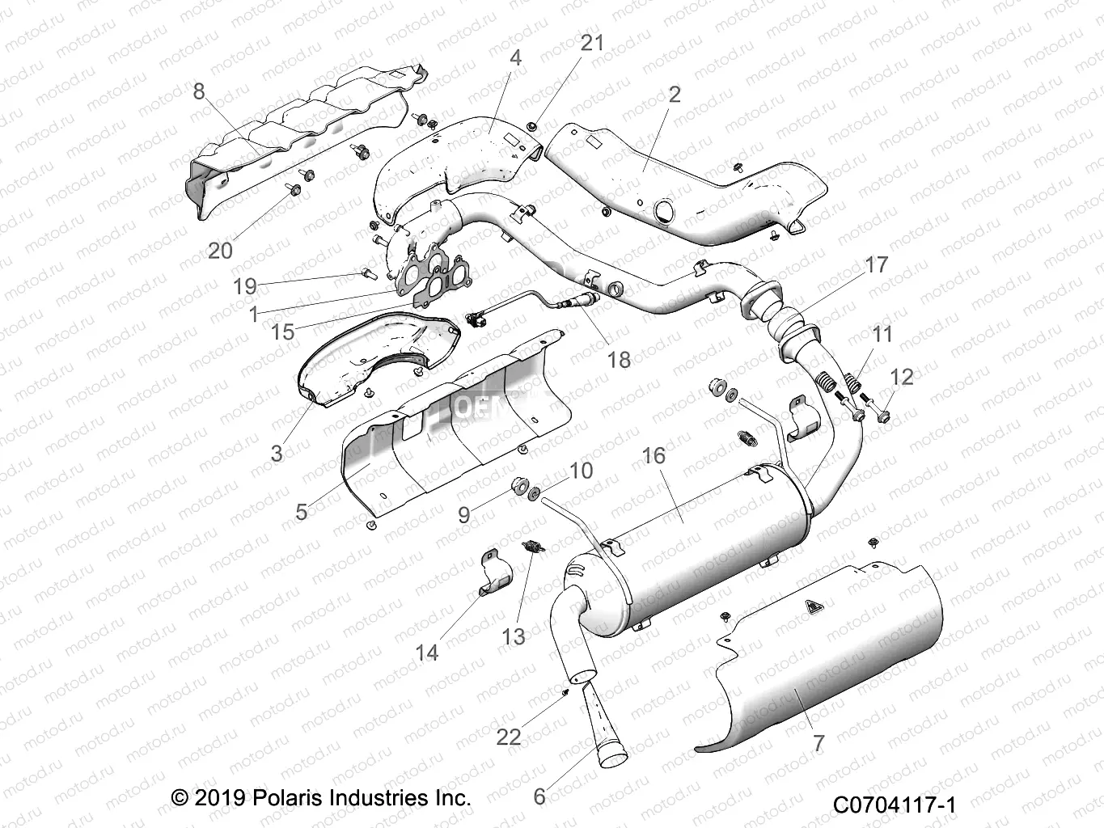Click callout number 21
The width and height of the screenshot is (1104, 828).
[593, 43]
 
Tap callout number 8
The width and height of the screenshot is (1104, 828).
[199, 91]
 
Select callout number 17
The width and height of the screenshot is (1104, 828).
[876, 264]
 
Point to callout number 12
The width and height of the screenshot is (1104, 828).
[901, 377]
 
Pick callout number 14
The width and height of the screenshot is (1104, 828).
[426, 651]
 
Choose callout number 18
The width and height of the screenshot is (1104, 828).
[619, 358]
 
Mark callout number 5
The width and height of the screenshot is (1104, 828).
[301, 511]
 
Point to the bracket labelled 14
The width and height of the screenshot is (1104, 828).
[495, 571]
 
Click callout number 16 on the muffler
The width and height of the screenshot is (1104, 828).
[654, 455]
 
